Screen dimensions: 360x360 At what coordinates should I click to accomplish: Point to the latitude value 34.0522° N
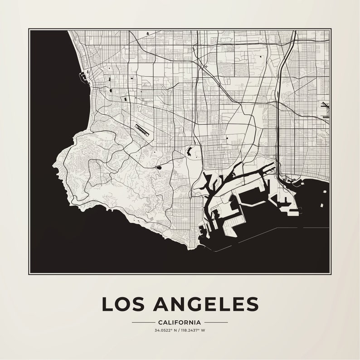pos(165,330)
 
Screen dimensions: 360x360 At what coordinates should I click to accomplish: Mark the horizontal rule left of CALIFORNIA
pos(143,322)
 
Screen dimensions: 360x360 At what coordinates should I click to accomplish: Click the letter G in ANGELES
pos(194,304)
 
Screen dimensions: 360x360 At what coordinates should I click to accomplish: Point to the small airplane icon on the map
pos(206,67)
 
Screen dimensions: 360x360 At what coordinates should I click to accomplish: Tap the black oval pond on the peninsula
pos(159,167)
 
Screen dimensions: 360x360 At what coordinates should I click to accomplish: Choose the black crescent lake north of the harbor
pos(189,151)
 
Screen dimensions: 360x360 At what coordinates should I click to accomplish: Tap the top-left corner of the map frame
pos(29,29)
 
